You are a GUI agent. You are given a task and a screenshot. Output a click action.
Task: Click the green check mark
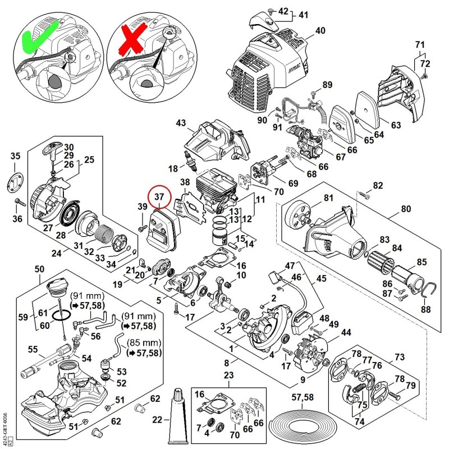point(39,36)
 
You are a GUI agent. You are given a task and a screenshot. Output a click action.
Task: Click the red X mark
point(133,39)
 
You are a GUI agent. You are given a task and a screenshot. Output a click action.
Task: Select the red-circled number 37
point(159,197)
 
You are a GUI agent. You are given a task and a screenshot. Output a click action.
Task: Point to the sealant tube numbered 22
point(179,416)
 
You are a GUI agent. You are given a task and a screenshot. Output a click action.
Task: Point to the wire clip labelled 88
point(429,290)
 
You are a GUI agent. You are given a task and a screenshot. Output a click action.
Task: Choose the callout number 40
point(320,31)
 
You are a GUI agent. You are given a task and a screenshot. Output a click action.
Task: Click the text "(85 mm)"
point(144,342)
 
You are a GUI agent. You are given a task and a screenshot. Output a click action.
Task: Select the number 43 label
point(181,123)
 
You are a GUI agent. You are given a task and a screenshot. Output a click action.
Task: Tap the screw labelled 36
point(21,202)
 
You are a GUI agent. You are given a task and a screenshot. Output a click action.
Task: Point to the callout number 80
point(406,209)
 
